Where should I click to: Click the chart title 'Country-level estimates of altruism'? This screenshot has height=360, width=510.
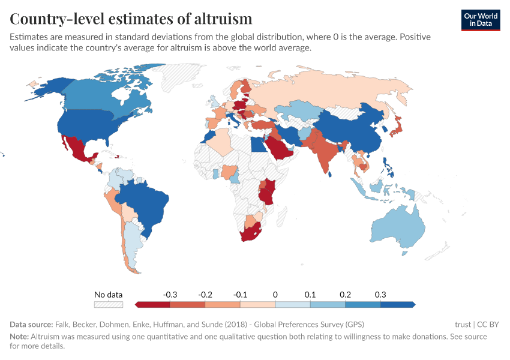pos(131,18)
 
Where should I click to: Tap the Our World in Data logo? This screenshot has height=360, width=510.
pos(481,20)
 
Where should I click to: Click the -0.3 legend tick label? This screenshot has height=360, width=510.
pos(170,295)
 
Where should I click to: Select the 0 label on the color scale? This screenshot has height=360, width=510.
pos(275,295)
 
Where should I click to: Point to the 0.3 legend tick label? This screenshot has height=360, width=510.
pos(380,295)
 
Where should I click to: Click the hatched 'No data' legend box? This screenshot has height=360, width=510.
pos(109,304)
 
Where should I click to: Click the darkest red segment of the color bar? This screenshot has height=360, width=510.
pos(153,304)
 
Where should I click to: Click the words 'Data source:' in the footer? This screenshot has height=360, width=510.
pos(31,324)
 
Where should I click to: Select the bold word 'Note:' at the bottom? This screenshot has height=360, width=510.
pos(20,337)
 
